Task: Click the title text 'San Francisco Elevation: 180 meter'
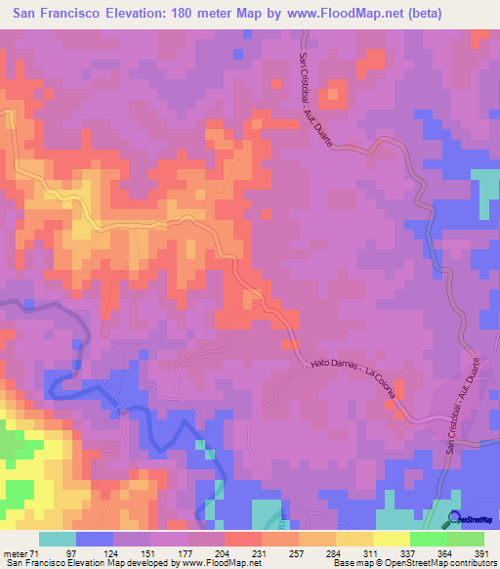tap(127, 14)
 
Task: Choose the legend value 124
tap(121, 554)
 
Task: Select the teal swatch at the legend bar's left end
tap(58, 539)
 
